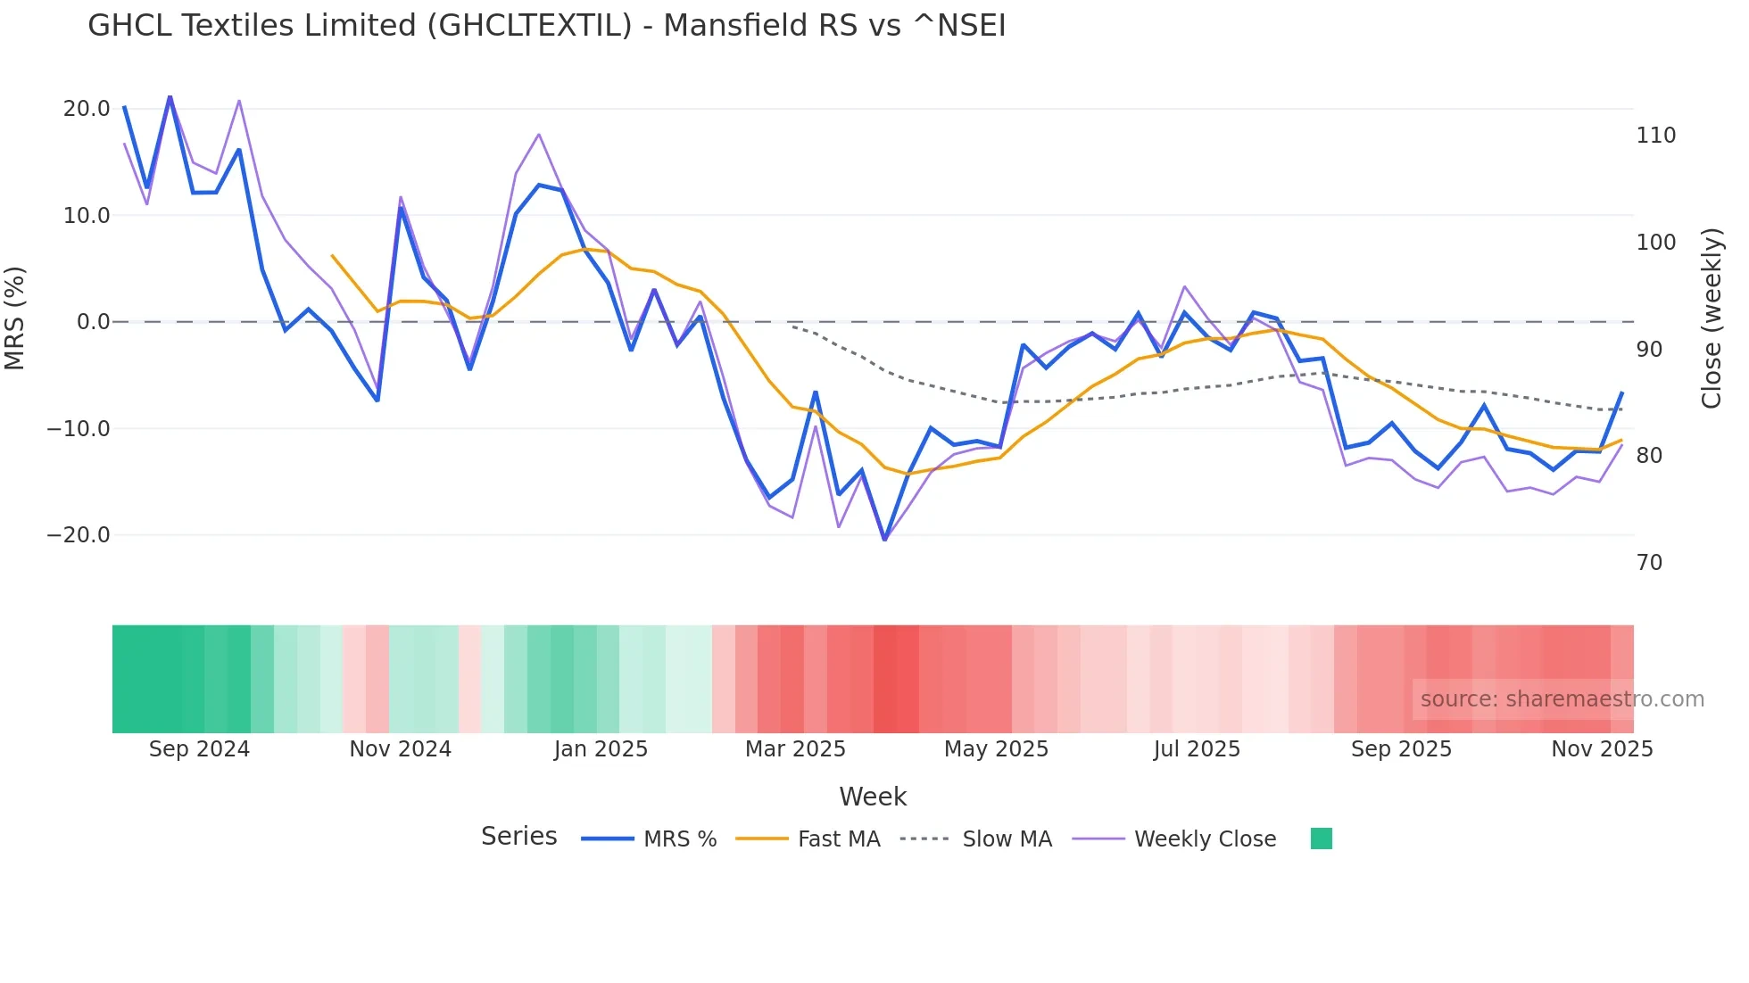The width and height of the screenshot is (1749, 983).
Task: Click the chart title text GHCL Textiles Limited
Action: pos(546,26)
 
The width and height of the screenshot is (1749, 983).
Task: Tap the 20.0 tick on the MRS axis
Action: pos(87,109)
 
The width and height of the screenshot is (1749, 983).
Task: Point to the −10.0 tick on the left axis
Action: pos(79,429)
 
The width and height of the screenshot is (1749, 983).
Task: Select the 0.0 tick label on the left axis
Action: pos(93,322)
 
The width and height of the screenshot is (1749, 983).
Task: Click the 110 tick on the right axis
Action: pos(1655,136)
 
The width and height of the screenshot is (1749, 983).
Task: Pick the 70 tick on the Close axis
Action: pos(1649,563)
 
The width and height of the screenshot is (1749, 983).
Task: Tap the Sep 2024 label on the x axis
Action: pos(199,749)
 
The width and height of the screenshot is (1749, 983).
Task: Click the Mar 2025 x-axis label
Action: pos(795,749)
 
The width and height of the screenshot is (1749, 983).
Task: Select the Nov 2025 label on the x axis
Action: pos(1602,749)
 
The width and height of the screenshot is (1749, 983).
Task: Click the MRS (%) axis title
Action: pos(15,318)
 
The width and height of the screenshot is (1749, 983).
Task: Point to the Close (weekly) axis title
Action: pos(1711,318)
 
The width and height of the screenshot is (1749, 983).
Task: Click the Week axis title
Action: pos(873,797)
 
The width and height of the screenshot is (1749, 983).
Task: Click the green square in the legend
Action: pos(1321,838)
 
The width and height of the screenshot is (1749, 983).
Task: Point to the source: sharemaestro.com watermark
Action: pos(1562,699)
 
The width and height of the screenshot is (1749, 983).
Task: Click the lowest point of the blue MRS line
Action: pos(884,540)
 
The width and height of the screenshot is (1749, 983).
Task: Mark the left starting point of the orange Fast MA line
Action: pos(332,255)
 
